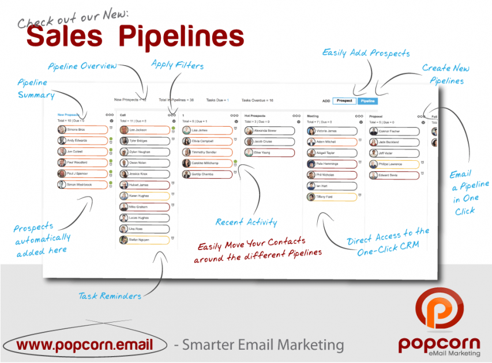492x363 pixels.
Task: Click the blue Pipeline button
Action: [x=367, y=100]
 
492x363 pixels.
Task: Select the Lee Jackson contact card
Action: [x=144, y=130]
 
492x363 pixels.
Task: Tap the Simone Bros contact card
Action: [x=82, y=130]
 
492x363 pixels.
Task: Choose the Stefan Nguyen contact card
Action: [x=144, y=240]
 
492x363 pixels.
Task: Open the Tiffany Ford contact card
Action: [x=330, y=197]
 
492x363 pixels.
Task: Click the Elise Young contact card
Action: [x=269, y=153]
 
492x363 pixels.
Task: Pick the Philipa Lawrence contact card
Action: [x=393, y=164]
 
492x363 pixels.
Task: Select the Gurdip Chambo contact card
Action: [x=206, y=174]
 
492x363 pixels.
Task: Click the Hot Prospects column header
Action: [x=256, y=116]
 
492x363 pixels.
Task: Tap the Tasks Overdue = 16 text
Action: [x=257, y=100]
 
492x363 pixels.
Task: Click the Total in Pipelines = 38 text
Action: [x=176, y=100]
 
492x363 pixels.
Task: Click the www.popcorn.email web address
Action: [x=85, y=345]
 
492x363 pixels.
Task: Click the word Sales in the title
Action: [x=63, y=36]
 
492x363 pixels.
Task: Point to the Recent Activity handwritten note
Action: [x=246, y=222]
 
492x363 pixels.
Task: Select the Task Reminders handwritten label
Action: [x=110, y=296]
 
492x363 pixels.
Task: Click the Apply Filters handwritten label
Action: [x=177, y=65]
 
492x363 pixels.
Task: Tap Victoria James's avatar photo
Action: [x=311, y=131]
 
